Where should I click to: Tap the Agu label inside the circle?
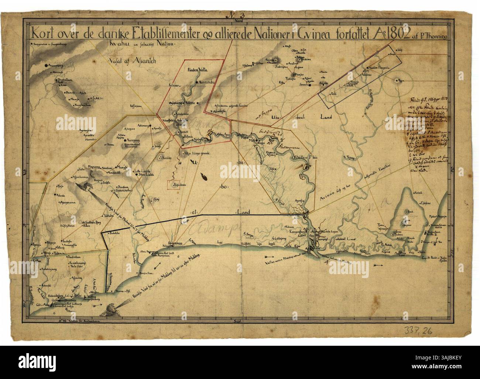pos(399,80)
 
